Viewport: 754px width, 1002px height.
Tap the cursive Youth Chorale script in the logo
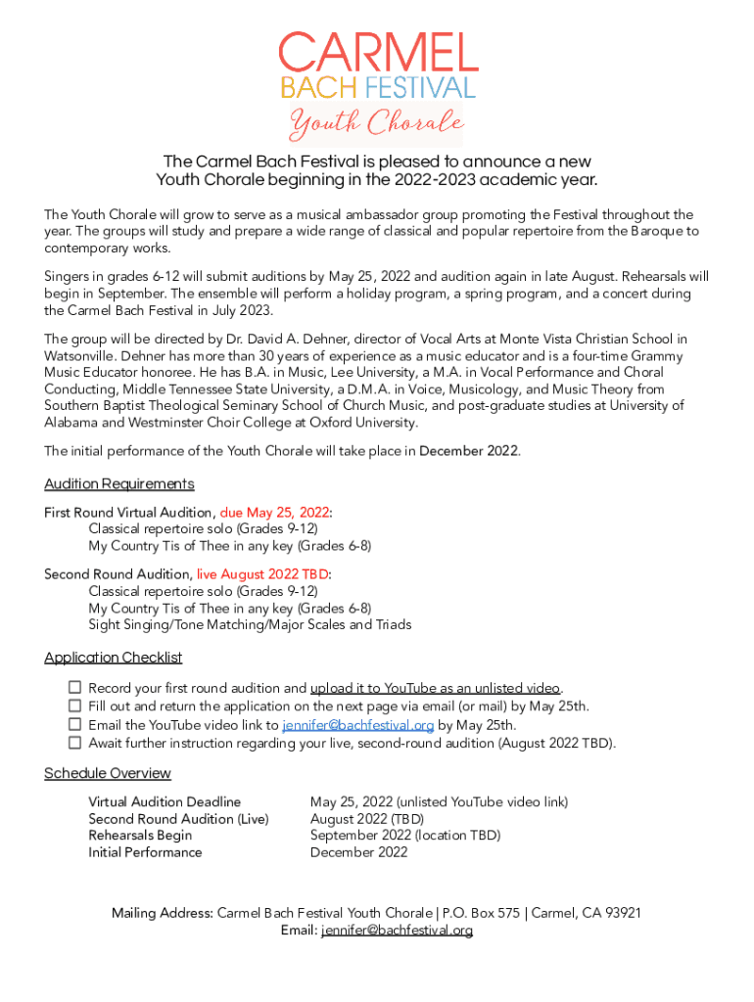click(x=376, y=124)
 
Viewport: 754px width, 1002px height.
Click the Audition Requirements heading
click(x=119, y=484)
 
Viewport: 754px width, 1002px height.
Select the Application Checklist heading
click(x=114, y=658)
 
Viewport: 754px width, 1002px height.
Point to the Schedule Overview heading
click(x=108, y=774)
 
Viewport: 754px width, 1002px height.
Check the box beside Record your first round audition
click(x=75, y=688)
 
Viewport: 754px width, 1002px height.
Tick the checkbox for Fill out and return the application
click(x=75, y=706)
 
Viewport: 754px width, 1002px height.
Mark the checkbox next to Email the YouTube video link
click(x=75, y=724)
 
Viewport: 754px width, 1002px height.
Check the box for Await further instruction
click(x=75, y=743)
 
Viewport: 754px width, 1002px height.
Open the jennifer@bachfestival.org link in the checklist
click(x=357, y=725)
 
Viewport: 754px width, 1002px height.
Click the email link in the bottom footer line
click(x=397, y=931)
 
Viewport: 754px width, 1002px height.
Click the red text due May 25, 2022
click(x=274, y=513)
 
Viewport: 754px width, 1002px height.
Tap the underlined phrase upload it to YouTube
click(x=435, y=689)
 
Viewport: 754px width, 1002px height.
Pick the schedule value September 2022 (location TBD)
click(x=404, y=836)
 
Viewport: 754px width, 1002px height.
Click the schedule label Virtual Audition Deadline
click(x=165, y=802)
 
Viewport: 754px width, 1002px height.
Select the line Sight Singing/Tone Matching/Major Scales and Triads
click(x=250, y=624)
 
